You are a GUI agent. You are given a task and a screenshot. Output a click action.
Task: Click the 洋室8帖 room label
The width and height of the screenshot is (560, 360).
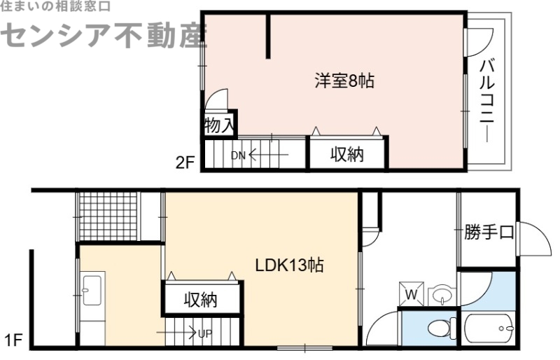(x=343, y=81)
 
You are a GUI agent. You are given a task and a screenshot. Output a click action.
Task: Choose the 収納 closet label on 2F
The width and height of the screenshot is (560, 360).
(x=347, y=155)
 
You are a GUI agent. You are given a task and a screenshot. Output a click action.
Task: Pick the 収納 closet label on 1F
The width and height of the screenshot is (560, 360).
(x=201, y=300)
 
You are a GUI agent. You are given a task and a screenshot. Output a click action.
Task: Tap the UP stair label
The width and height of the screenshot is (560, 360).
(x=204, y=334)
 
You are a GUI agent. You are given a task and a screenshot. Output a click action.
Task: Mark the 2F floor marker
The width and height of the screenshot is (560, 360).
(x=185, y=163)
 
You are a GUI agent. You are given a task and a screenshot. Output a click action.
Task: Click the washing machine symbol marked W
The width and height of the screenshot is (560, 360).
(x=412, y=295)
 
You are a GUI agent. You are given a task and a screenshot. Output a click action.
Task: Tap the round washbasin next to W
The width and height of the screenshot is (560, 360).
(x=441, y=295)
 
